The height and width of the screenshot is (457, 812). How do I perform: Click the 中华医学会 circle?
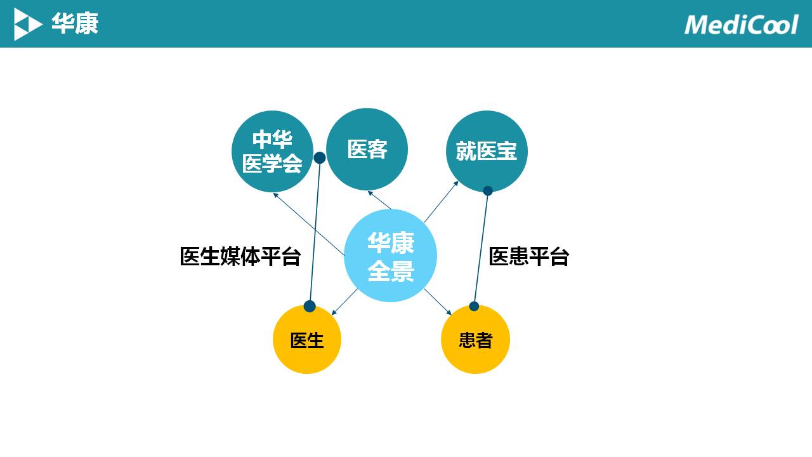click(x=272, y=151)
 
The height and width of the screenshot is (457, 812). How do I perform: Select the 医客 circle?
click(x=367, y=149)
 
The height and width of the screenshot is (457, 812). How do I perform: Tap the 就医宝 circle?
click(x=487, y=151)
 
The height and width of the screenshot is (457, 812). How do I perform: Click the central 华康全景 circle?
click(x=390, y=255)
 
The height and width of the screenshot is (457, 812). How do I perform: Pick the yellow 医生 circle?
click(x=307, y=340)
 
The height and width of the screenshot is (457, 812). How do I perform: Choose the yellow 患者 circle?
click(x=475, y=340)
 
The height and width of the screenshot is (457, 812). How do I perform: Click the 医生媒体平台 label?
click(x=240, y=256)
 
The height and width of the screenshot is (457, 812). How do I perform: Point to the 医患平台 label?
click(x=529, y=256)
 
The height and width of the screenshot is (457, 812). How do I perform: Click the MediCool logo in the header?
click(x=741, y=24)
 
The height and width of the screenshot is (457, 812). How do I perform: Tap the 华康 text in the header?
click(x=75, y=24)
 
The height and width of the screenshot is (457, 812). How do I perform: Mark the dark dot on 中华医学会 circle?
click(x=320, y=157)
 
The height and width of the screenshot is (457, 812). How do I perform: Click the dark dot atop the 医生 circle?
click(x=310, y=307)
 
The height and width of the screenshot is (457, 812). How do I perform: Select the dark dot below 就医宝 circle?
click(x=488, y=190)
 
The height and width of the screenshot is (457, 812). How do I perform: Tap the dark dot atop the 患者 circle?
click(x=474, y=306)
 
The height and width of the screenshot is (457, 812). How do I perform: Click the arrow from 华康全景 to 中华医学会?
click(x=309, y=225)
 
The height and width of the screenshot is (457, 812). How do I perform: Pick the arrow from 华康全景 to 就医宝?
click(x=441, y=202)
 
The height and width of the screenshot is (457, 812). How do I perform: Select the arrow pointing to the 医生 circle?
click(x=344, y=302)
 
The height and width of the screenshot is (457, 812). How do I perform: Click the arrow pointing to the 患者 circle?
click(x=438, y=301)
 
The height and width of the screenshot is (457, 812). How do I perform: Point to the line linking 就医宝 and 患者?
click(x=481, y=248)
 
